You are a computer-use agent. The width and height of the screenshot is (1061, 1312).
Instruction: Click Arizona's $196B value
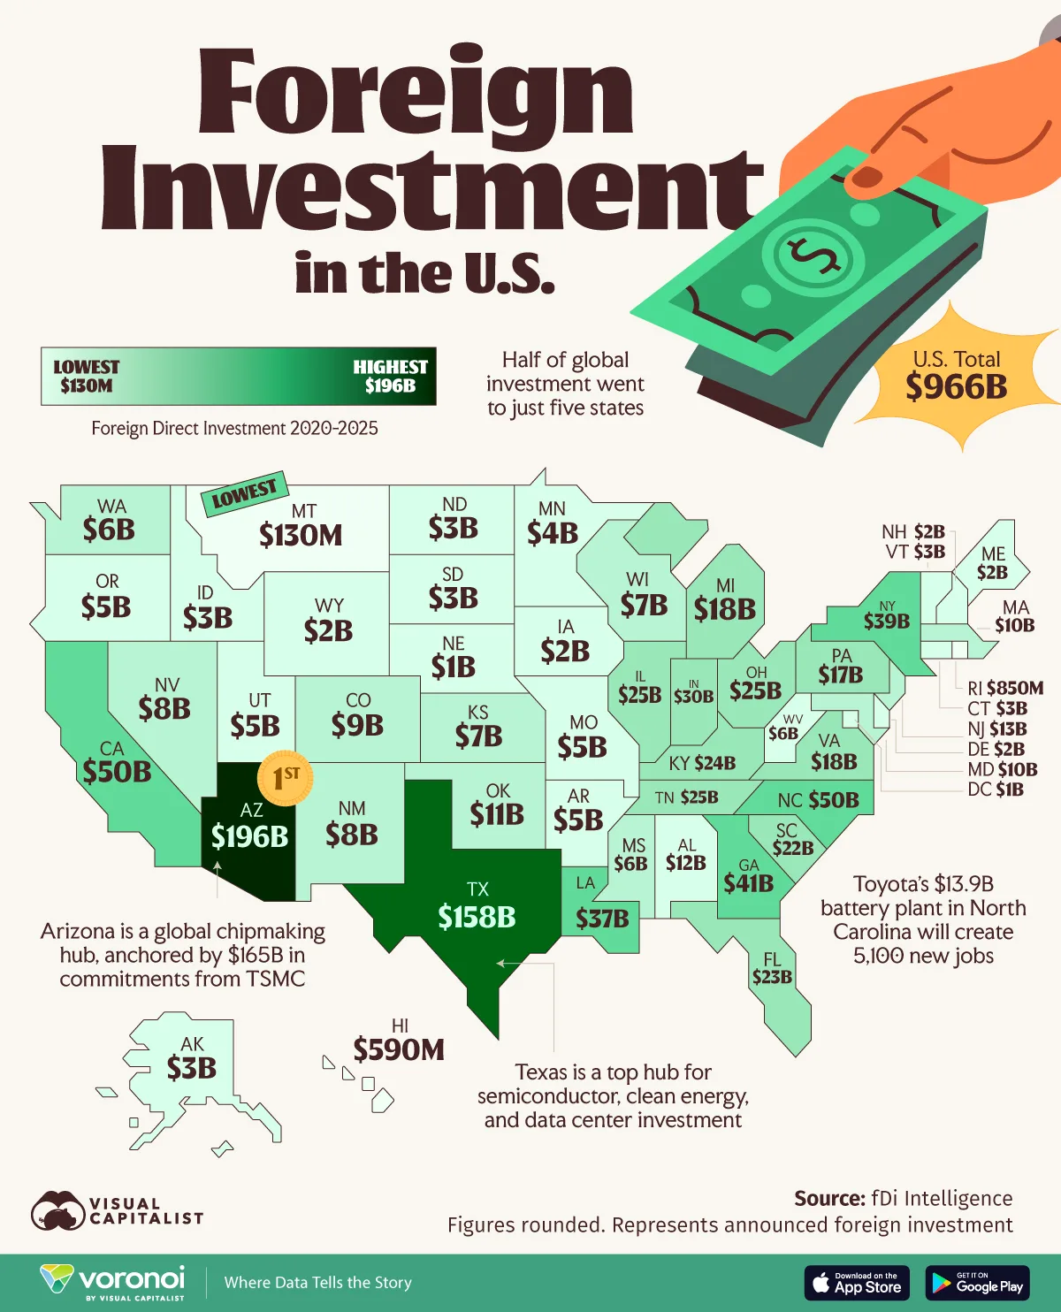[x=249, y=835]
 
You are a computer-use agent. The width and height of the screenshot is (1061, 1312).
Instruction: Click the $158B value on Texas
[x=477, y=917]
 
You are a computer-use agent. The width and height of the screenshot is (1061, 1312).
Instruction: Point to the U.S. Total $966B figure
[x=956, y=386]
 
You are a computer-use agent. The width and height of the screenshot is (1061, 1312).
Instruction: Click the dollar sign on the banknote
[x=813, y=256]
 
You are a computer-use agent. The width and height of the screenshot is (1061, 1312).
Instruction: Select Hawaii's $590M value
[x=399, y=1049]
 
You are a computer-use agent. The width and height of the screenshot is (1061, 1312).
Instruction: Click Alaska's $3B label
[x=192, y=1068]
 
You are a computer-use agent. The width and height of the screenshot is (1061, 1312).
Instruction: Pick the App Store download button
[x=857, y=1283]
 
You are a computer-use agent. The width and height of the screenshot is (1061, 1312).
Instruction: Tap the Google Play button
[x=977, y=1283]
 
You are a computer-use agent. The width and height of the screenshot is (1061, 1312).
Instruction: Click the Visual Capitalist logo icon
[x=58, y=1211]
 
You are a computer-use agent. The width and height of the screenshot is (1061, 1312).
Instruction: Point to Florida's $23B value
[x=772, y=976]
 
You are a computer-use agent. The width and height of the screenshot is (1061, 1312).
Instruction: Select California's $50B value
[x=117, y=771]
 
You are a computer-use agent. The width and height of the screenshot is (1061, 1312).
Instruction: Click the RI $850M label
[x=1005, y=688]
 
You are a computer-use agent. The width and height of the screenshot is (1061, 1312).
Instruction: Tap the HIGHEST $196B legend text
[x=390, y=376]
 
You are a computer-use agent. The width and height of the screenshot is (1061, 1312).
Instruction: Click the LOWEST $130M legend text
[x=86, y=376]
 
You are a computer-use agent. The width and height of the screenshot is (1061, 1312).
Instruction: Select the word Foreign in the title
[x=416, y=93]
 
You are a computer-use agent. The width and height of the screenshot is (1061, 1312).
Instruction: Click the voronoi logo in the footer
[x=113, y=1282]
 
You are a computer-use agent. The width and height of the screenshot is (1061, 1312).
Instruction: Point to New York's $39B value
[x=886, y=621]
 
